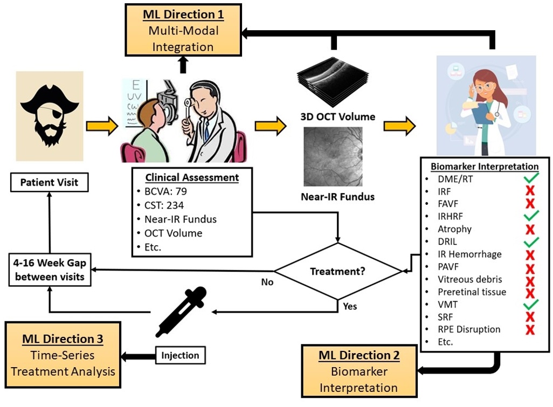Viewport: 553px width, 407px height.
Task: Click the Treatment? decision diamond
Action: tap(337, 271)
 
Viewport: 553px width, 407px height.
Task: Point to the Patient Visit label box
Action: tap(49, 182)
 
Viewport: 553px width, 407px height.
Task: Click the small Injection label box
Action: tap(181, 355)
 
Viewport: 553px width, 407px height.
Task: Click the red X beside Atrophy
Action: tap(530, 229)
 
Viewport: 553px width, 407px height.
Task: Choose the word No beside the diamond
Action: tap(267, 281)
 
